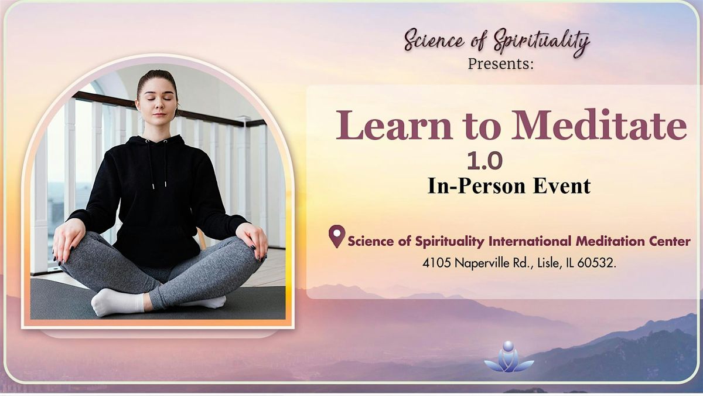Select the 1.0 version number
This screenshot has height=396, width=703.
click(x=484, y=161)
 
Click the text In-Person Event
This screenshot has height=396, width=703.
click(x=509, y=186)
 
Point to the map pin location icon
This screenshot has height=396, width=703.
click(x=336, y=236)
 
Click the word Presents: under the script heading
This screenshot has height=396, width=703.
click(x=501, y=64)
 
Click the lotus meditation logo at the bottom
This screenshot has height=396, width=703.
click(x=509, y=358)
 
